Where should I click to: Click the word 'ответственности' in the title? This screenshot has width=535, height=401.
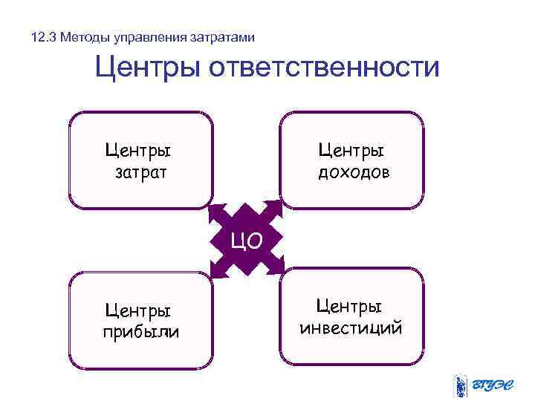325,68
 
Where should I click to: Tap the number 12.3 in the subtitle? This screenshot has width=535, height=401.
44,37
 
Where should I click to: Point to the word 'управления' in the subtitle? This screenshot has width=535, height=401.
150,37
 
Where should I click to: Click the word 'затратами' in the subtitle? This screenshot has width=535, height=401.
224,37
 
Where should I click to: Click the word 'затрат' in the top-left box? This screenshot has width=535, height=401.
141,172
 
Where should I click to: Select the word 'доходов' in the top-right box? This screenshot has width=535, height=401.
354,172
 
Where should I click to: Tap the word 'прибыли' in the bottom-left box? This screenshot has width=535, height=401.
141,331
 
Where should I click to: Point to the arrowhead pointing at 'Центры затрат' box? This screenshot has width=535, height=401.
217,212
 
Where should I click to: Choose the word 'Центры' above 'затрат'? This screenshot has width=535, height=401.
138,151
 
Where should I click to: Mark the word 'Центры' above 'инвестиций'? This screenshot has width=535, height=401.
349,305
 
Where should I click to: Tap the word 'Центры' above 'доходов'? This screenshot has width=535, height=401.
351,151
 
